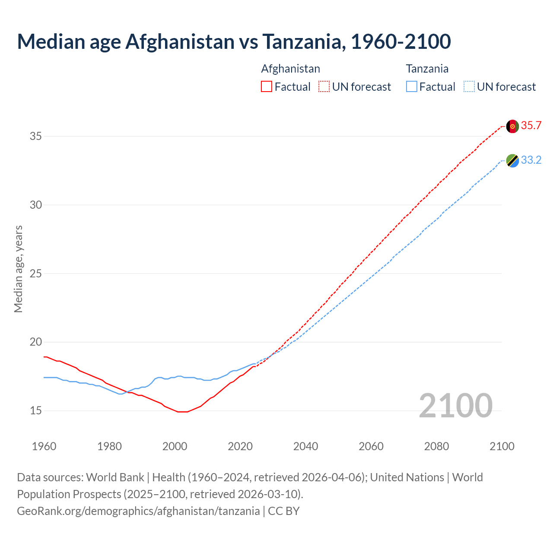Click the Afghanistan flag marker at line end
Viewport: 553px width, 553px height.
coord(512,126)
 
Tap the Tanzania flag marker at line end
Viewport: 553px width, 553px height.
coord(512,161)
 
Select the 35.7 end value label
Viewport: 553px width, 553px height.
coord(531,126)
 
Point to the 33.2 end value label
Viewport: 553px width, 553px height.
coord(531,160)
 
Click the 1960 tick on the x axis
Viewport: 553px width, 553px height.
coord(44,446)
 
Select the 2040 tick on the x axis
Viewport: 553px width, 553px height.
coord(305,446)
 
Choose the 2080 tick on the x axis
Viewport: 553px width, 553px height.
coord(436,446)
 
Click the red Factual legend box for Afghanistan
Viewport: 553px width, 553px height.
coord(267,87)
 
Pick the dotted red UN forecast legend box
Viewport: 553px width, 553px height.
coord(324,87)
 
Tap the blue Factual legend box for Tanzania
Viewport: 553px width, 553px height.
coord(412,87)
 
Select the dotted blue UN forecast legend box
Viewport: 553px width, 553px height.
coord(469,87)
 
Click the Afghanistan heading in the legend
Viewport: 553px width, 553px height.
coord(290,69)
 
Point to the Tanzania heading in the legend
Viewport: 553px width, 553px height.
coord(427,69)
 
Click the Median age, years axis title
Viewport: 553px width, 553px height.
coord(18,269)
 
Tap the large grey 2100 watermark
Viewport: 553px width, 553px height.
coord(455,405)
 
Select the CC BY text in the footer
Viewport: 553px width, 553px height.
coord(283,511)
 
